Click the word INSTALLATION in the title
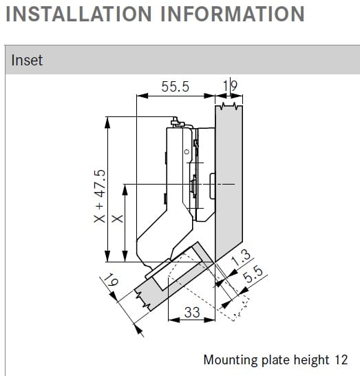click(x=78, y=14)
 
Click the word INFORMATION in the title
click(x=233, y=14)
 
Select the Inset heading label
click(x=27, y=60)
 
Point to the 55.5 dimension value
click(x=176, y=87)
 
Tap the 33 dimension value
click(x=192, y=312)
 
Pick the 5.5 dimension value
click(x=253, y=274)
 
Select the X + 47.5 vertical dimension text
click(x=100, y=196)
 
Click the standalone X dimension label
click(x=118, y=218)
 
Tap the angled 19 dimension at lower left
click(x=111, y=280)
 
